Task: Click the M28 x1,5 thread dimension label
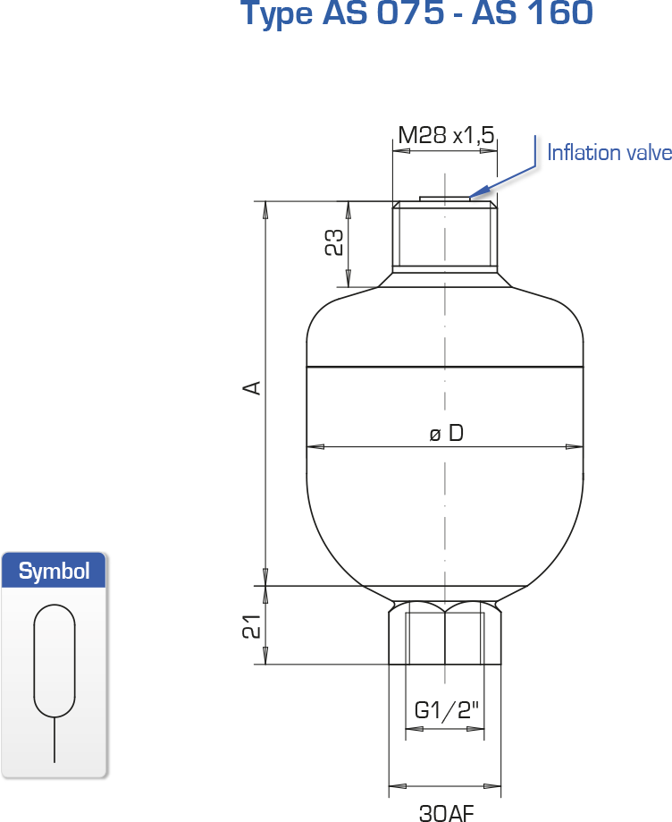[x=446, y=135]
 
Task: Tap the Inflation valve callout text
[x=609, y=153]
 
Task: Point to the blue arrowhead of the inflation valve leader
[x=479, y=192]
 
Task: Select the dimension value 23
[x=335, y=242]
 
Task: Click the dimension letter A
[x=253, y=387]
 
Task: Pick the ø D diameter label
[x=446, y=434]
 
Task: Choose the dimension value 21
[x=252, y=626]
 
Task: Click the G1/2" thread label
[x=446, y=710]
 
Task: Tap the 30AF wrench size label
[x=446, y=812]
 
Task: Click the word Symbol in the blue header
[x=54, y=571]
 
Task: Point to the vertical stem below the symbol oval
[x=55, y=740]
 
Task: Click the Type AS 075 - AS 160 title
[x=417, y=13]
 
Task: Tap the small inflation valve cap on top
[x=445, y=199]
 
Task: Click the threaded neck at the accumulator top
[x=445, y=237]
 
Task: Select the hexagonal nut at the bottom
[x=445, y=632]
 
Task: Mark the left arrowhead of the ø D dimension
[x=315, y=446]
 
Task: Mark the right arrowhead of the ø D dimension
[x=575, y=446]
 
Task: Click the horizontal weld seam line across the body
[x=445, y=367]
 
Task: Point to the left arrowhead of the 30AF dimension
[x=397, y=786]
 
